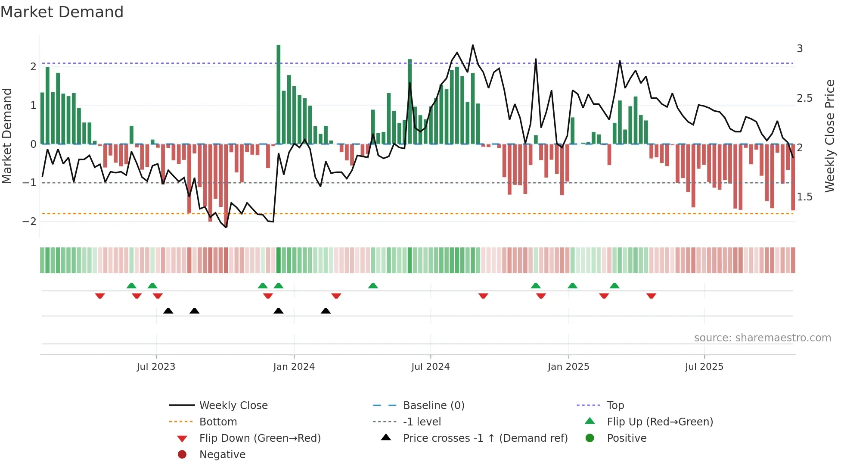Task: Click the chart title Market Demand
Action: [x=62, y=12]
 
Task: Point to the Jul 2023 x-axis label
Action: [x=156, y=367]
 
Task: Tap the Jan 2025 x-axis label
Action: [x=568, y=367]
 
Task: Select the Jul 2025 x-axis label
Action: [x=704, y=367]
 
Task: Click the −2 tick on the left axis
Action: [x=29, y=222]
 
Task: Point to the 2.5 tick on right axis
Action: [x=804, y=98]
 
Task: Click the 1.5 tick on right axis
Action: [x=804, y=197]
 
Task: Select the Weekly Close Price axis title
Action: [x=829, y=136]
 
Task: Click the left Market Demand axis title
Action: [x=7, y=136]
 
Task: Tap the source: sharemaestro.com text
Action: [x=762, y=338]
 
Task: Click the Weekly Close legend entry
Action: [x=233, y=406]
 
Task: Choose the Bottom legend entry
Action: [x=218, y=422]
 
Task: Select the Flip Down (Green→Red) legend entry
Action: [x=260, y=438]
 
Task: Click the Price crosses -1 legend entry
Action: [x=485, y=438]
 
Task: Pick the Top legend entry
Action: [x=615, y=406]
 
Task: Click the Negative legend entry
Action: [x=222, y=455]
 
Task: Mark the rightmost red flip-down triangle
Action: [x=651, y=296]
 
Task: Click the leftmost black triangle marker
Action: [x=168, y=311]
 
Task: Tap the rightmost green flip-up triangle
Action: [x=614, y=286]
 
